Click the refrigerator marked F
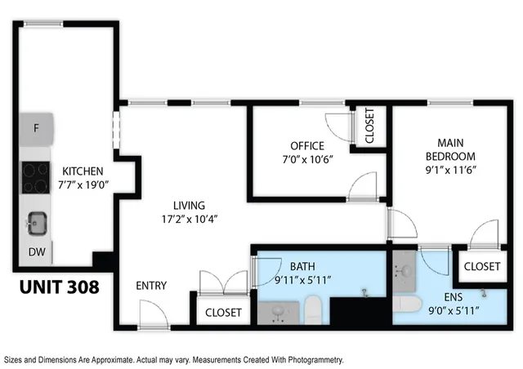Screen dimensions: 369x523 coord(36,129)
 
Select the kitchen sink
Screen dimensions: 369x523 coord(36,221)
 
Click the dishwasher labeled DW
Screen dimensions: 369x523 coord(36,252)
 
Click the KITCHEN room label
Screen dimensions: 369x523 coord(83,171)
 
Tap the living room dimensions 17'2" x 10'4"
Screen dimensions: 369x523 coord(188,219)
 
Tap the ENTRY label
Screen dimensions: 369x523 coord(151,286)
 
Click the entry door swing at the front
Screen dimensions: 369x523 coord(151,312)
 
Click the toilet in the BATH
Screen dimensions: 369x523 coord(311,310)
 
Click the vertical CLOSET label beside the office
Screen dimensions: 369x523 coord(369,127)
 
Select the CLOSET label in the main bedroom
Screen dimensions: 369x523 coord(482,266)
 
